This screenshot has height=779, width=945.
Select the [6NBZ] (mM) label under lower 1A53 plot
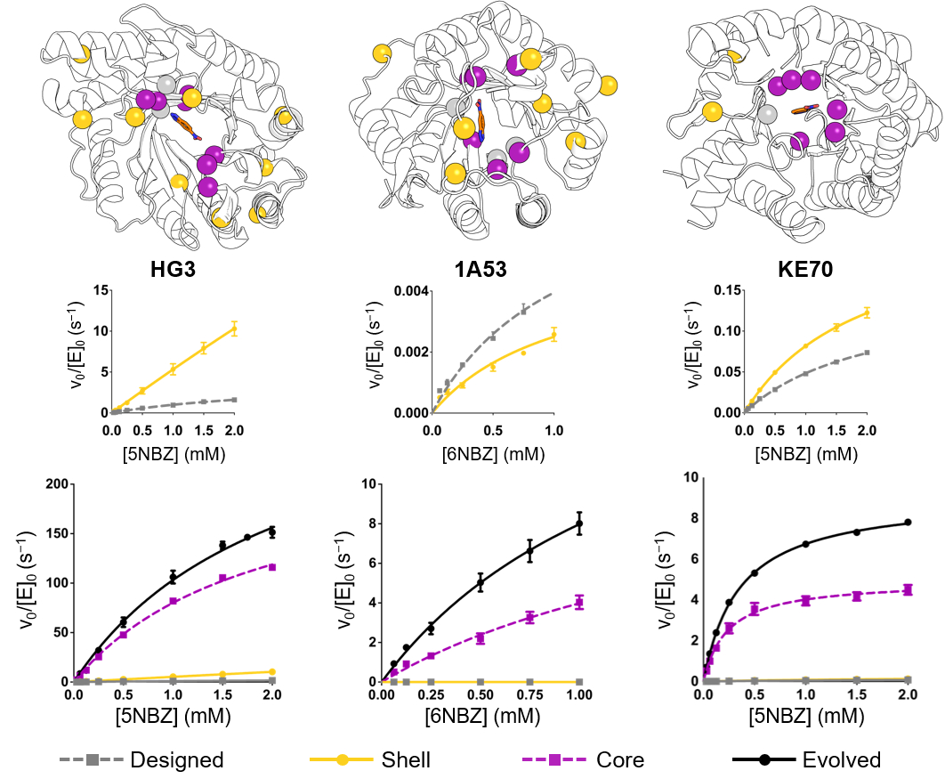pos(482,716)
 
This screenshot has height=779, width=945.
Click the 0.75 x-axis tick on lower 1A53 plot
pos(529,695)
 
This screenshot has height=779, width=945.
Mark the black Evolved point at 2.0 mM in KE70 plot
pos(908,522)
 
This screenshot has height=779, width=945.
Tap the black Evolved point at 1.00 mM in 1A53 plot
pos(579,523)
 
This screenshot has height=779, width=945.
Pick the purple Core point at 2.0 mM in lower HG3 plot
pos(272,567)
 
